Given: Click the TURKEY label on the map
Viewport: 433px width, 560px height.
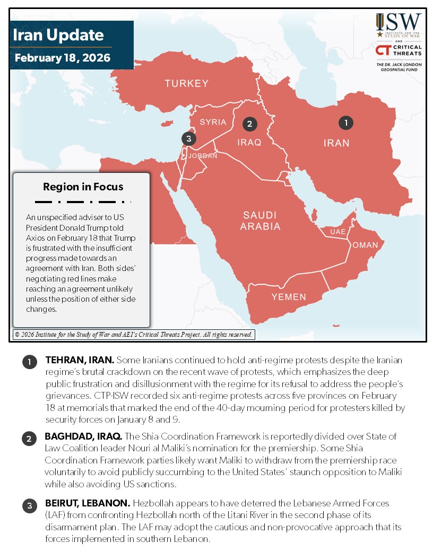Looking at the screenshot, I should tap(186, 83).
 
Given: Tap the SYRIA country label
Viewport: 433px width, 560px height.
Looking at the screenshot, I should tap(213, 122).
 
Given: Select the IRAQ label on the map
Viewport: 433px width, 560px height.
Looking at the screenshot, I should tap(249, 142).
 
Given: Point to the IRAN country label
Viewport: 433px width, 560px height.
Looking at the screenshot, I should tap(336, 143).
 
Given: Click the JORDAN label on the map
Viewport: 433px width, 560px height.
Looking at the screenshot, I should tap(203, 156).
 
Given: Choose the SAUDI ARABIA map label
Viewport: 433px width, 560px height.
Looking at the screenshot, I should tap(261, 221).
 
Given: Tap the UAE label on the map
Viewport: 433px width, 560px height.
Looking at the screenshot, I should tap(337, 232).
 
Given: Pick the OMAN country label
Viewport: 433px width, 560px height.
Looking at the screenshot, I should tap(365, 245).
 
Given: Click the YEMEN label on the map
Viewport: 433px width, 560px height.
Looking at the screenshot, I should tap(289, 297).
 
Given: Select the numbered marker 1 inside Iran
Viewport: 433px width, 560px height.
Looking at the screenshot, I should tap(346, 122).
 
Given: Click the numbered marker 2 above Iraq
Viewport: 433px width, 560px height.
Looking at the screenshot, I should tap(249, 124).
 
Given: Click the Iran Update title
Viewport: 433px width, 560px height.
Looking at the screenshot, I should tap(58, 36).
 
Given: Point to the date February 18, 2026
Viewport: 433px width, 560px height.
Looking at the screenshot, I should tap(63, 58).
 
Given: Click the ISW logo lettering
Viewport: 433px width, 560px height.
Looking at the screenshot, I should tap(404, 24).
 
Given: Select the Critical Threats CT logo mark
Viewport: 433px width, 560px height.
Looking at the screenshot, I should tap(383, 50).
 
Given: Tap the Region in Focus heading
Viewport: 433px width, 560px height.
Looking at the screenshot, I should tap(83, 187).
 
